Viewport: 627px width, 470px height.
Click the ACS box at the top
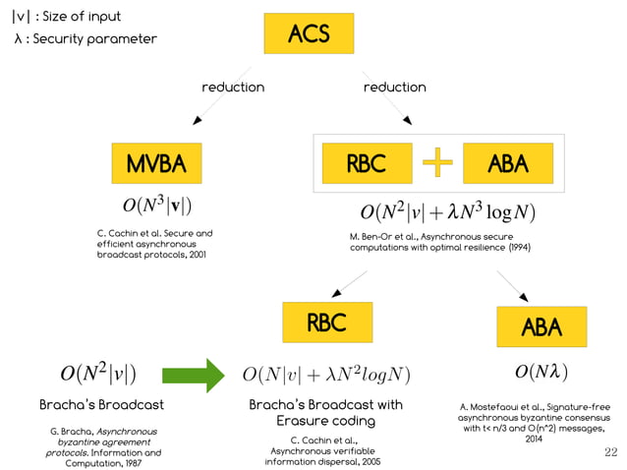tap(309, 34)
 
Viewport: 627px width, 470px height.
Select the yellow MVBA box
tap(156, 163)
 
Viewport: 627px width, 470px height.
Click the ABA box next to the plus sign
tap(507, 163)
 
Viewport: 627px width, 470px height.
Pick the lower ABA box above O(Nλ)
tap(541, 326)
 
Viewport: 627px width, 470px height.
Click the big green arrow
tap(193, 375)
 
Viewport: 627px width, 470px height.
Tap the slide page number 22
tap(609, 451)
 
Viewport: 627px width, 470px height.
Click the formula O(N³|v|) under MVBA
tap(156, 206)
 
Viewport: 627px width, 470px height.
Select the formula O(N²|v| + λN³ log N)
tap(447, 211)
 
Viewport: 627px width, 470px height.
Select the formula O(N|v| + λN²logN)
tap(325, 375)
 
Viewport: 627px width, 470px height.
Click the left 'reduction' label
tap(233, 88)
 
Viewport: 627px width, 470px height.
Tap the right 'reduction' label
tap(394, 88)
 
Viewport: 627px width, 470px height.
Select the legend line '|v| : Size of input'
tap(67, 16)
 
